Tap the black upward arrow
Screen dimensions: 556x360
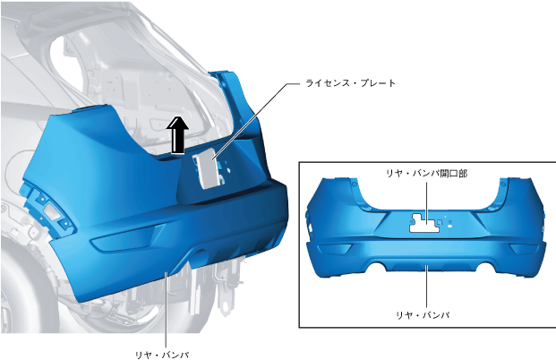pos(178,136)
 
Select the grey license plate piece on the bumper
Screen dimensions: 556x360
pos(207,168)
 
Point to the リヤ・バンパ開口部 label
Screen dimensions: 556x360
pos(427,173)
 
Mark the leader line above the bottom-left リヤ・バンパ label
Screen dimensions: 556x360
pos(167,309)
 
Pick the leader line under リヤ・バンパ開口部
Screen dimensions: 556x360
pos(427,197)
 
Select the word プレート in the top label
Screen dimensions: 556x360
pos(377,83)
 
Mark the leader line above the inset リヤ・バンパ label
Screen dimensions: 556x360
pos(427,287)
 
